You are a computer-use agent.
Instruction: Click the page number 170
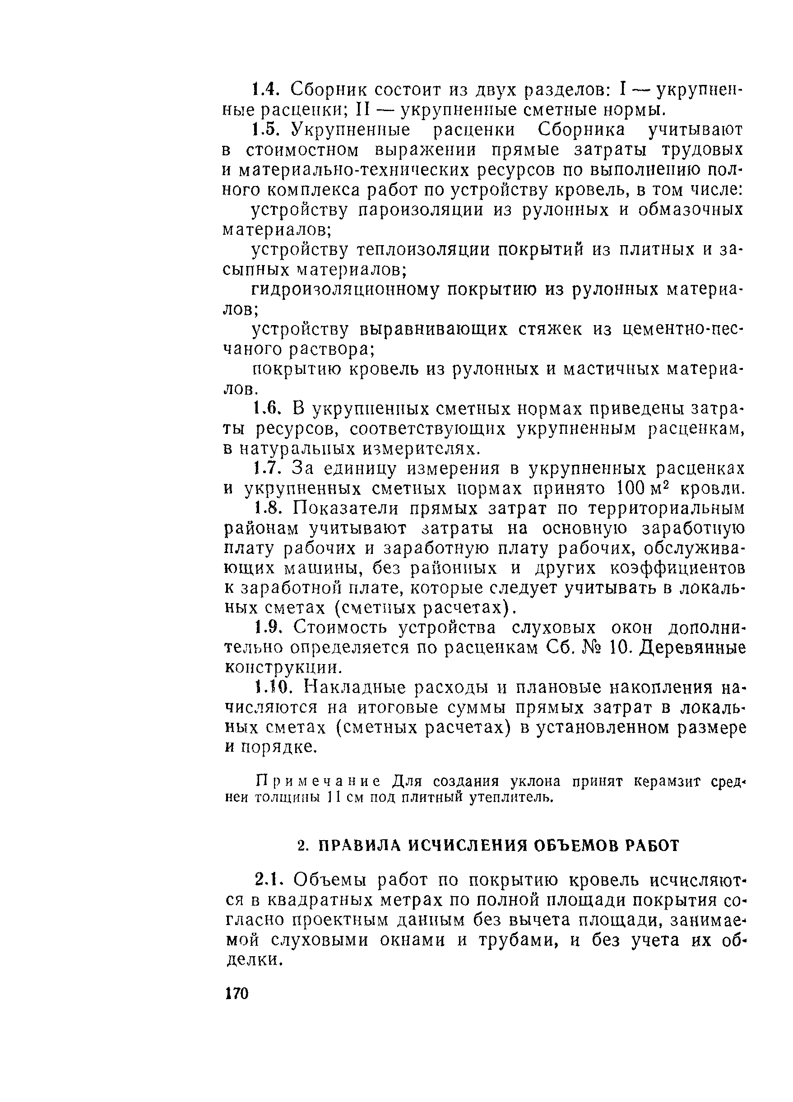(x=237, y=993)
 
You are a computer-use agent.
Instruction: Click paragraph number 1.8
(x=268, y=509)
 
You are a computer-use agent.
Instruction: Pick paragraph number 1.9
(x=267, y=628)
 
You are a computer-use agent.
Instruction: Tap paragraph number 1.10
(x=272, y=688)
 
